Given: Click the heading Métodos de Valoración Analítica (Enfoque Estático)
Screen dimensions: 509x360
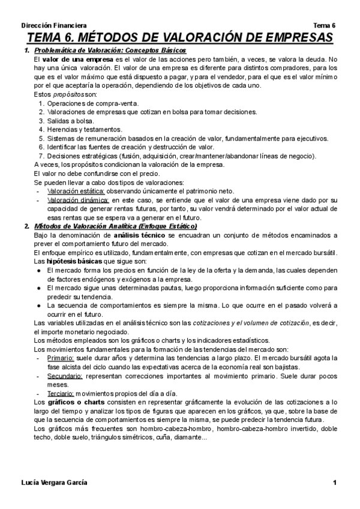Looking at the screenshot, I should click(x=115, y=226).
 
